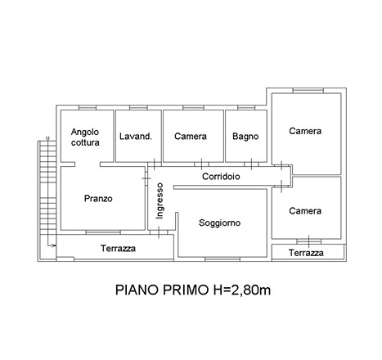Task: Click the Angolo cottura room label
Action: click(x=85, y=137)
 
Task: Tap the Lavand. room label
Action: click(x=136, y=136)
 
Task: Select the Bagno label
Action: click(x=245, y=137)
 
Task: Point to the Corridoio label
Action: click(x=221, y=177)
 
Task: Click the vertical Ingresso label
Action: click(x=160, y=200)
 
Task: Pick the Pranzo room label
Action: click(x=98, y=198)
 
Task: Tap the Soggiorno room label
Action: click(x=219, y=223)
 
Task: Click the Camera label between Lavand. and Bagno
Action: click(x=191, y=136)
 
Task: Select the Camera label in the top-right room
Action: click(x=305, y=131)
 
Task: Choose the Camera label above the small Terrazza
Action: click(x=305, y=211)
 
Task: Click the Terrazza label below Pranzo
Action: click(x=118, y=249)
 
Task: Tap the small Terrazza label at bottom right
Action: click(x=306, y=253)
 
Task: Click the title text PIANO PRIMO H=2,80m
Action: click(x=193, y=290)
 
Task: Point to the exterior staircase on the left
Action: click(x=47, y=187)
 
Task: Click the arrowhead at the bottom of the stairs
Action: click(x=55, y=245)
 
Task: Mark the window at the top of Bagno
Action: click(x=246, y=108)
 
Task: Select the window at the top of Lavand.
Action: click(x=138, y=108)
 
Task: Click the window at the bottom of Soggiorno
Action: click(x=222, y=259)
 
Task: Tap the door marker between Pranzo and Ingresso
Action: click(x=146, y=178)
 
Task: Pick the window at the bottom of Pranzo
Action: click(x=103, y=232)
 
